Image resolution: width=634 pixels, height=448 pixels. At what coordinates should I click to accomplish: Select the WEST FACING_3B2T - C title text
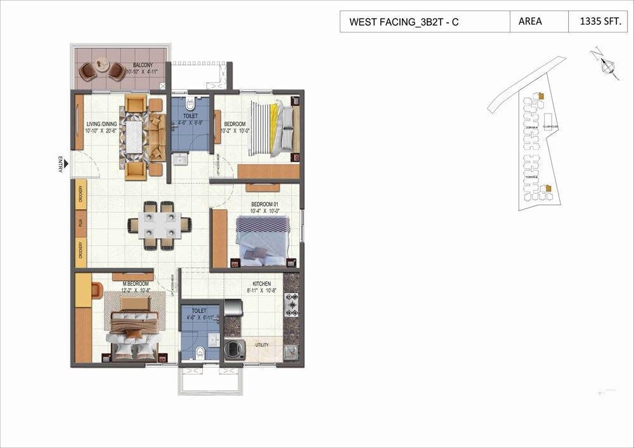pos(404,22)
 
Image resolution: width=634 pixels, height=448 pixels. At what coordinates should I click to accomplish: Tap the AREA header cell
pos(530,22)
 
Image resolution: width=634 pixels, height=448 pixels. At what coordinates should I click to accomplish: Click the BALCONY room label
pos(143,65)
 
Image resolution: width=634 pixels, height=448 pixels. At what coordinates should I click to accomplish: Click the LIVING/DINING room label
pos(103,125)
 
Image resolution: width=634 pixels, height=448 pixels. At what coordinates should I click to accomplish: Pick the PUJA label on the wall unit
pos(81,223)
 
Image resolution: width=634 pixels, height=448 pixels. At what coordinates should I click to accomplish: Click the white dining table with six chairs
pos(159,225)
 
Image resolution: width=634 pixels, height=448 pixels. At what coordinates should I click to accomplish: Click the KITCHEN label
pos(261,284)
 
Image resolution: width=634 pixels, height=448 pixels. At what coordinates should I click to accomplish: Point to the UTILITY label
pos(262,345)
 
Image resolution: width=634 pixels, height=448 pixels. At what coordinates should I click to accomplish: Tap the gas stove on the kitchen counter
pos(292,305)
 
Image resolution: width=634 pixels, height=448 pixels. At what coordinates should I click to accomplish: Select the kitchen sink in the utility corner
pos(291,351)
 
